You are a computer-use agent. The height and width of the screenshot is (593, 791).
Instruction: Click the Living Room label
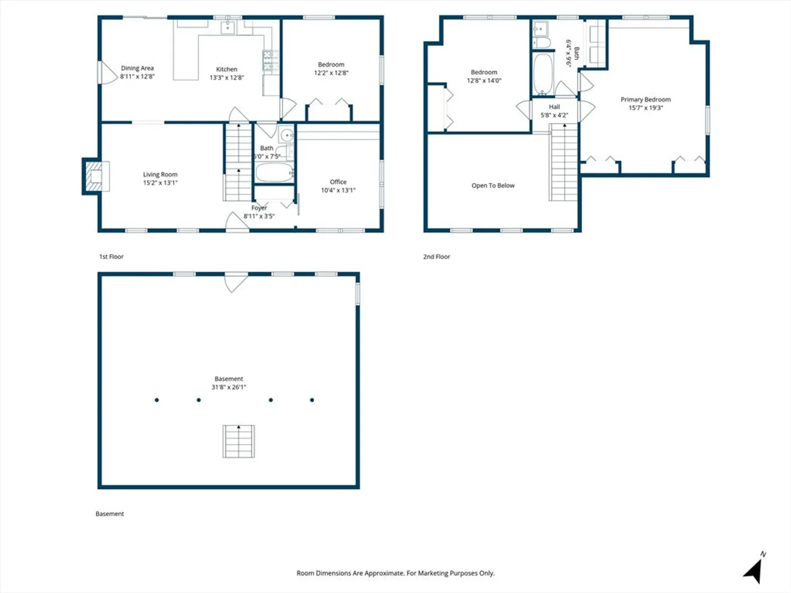point(160,174)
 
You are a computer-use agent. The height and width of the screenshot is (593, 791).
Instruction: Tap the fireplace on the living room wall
point(96,176)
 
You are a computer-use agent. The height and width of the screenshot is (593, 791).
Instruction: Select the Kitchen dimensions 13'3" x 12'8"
point(227,77)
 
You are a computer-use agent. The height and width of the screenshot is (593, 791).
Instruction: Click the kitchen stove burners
point(271,60)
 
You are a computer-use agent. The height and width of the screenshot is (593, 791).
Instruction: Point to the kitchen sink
point(228,27)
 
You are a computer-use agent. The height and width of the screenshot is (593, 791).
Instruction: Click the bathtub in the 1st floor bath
point(275,172)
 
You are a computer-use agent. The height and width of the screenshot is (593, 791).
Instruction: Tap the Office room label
point(338,182)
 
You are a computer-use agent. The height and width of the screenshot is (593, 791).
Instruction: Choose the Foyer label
point(259,208)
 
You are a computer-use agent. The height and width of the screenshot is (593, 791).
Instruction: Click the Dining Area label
point(137,68)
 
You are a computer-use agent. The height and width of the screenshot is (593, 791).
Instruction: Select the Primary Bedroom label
point(645,99)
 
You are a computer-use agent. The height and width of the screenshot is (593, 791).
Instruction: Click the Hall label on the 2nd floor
point(554,107)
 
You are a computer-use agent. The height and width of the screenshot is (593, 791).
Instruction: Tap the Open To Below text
point(493,186)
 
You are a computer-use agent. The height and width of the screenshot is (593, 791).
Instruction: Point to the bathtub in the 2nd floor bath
point(543,74)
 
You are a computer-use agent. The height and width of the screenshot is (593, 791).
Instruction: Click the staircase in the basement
point(238,441)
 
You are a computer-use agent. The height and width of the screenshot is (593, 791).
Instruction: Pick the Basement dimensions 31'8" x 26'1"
point(229,387)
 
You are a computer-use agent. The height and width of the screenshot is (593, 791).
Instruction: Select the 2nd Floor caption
point(436,257)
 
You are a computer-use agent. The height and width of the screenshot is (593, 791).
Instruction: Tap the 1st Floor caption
point(112,257)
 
